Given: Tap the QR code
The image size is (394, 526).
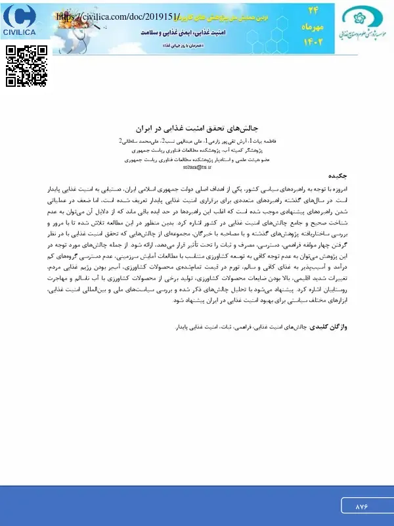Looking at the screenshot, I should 27,66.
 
